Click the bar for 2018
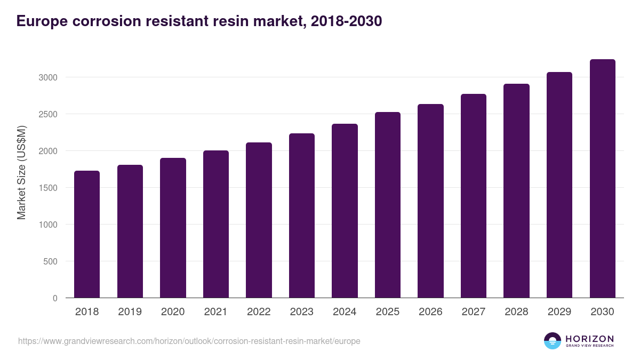(87, 234)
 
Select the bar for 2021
(215, 224)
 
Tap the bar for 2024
(345, 211)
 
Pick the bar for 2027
(473, 196)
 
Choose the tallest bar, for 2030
(602, 179)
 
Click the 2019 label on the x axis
(130, 312)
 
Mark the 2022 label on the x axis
(259, 312)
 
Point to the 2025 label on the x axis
(387, 312)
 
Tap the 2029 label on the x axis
(559, 312)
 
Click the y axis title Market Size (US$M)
(21, 172)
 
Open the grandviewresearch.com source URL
(189, 341)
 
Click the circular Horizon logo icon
(553, 341)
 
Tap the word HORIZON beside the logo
(589, 339)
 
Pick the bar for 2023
(301, 215)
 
